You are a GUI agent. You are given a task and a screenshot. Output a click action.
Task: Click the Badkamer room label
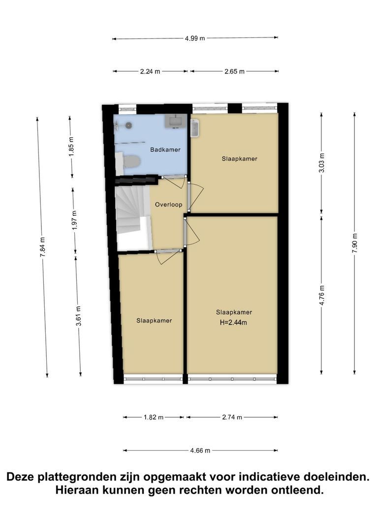(x=165, y=150)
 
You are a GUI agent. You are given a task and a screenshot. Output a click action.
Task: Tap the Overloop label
(x=168, y=204)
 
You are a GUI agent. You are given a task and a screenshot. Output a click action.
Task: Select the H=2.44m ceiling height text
(x=234, y=322)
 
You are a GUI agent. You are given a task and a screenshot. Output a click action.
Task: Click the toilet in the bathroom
(x=131, y=162)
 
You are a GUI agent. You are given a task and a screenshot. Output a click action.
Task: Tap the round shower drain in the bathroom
(x=128, y=125)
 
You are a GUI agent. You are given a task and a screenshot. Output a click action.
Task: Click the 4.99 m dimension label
(x=195, y=38)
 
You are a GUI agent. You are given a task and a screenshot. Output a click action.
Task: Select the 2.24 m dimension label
(x=150, y=71)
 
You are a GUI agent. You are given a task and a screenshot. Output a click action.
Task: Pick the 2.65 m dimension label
(x=234, y=71)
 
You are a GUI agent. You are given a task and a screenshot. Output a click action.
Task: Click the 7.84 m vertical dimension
(x=43, y=247)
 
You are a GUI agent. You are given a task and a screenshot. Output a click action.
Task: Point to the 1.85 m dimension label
(x=71, y=147)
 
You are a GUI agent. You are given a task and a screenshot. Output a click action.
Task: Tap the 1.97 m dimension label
(x=75, y=221)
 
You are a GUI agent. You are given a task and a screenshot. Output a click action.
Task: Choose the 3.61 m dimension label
(x=78, y=316)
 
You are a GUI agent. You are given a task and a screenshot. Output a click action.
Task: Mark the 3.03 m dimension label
(x=322, y=163)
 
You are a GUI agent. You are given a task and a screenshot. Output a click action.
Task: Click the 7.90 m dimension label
(x=355, y=243)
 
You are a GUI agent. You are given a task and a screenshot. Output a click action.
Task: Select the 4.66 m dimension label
(x=200, y=451)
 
